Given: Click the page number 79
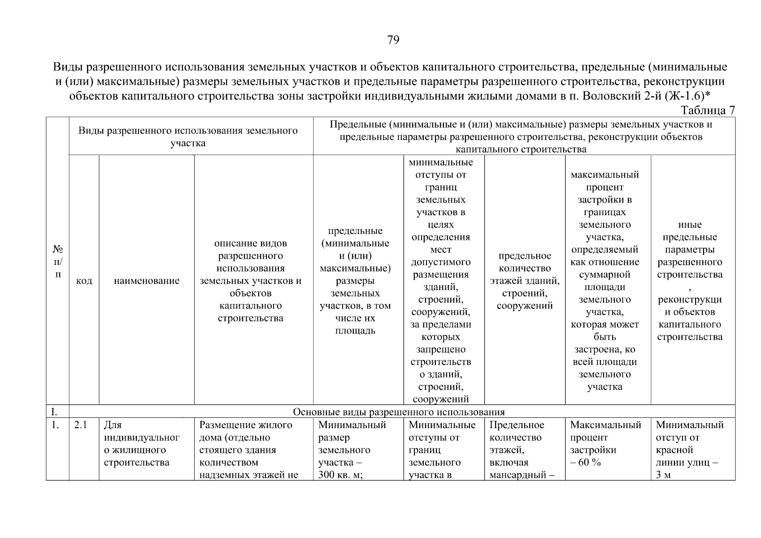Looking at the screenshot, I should [x=393, y=40].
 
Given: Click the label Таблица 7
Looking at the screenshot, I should [x=708, y=110].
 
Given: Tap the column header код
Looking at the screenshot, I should [x=84, y=281].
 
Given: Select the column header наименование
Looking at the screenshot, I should [x=147, y=281].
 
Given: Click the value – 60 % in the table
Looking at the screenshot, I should [x=586, y=463].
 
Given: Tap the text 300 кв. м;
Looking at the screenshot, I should [x=340, y=475].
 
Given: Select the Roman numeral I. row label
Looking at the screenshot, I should [x=54, y=412].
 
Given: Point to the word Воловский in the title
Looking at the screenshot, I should [x=611, y=96].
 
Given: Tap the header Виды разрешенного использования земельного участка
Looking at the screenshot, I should [x=188, y=137].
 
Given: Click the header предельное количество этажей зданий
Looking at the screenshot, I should [x=524, y=281].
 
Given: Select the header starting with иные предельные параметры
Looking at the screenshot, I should [x=690, y=281].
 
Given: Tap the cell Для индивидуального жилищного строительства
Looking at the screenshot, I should [x=141, y=444].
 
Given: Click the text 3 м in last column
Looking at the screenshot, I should [x=663, y=475].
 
